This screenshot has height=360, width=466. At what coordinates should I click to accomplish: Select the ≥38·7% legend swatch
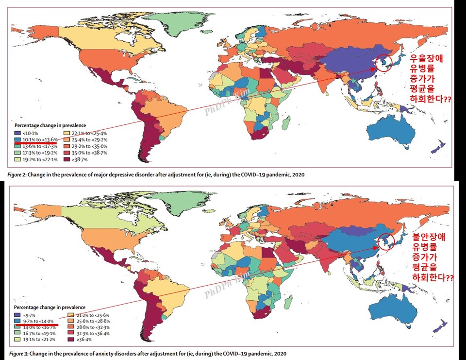click(x=68, y=159)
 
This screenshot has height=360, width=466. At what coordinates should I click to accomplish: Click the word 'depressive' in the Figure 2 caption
click(x=126, y=174)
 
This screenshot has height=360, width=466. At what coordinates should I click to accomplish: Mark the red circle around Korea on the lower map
click(x=384, y=241)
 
